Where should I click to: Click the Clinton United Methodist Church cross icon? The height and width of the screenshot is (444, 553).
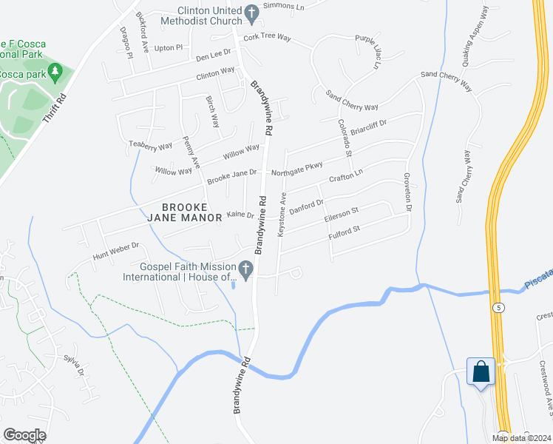[x=251, y=12]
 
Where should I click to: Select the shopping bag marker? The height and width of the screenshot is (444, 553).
[x=481, y=371]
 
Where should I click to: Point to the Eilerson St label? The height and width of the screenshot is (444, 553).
[x=342, y=215]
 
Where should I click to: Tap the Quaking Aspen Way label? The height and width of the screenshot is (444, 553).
[x=475, y=37]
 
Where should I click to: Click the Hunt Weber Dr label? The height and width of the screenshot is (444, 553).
[x=116, y=252]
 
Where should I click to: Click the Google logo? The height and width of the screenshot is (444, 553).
[x=25, y=435]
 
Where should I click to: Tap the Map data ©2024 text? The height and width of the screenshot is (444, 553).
[x=521, y=438]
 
